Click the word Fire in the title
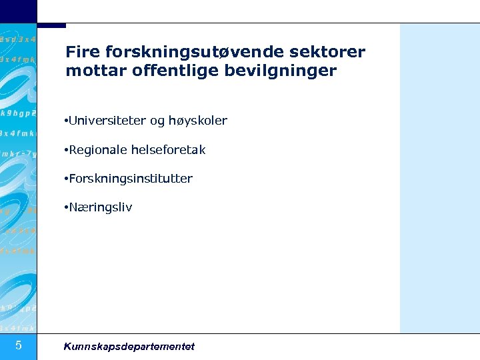coord(81,52)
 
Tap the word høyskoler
coord(198,121)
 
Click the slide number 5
coord(19,345)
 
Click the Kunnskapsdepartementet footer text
coord(129,346)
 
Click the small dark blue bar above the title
coord(52,25)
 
